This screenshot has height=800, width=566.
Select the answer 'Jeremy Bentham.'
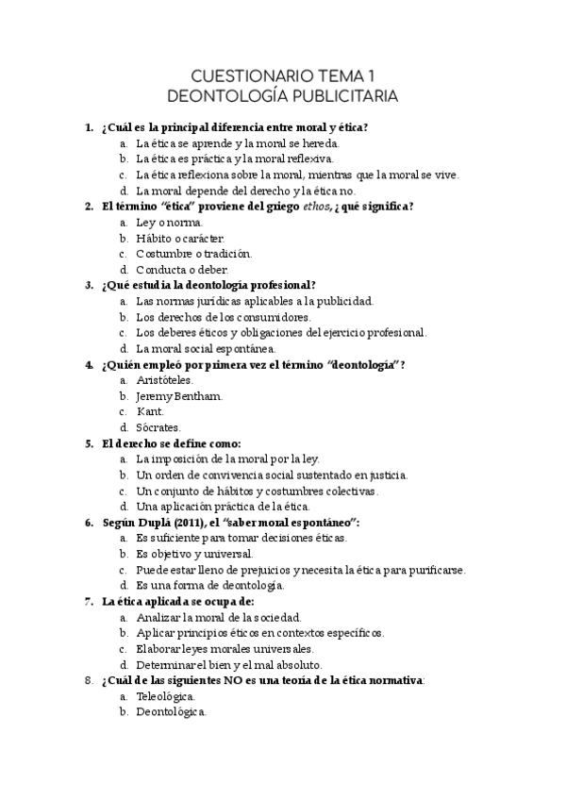point(179,396)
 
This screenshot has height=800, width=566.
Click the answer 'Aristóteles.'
point(164,380)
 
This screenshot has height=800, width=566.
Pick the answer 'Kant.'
point(150,412)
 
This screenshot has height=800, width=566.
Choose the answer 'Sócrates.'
point(158,428)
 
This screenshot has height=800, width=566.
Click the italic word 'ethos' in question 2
point(316,207)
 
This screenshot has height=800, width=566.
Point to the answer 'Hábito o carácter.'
point(180,238)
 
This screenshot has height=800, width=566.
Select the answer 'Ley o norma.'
point(168,223)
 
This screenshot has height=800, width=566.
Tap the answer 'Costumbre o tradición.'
point(193,254)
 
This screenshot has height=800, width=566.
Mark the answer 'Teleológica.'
point(165,696)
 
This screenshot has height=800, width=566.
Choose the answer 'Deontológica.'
point(171,712)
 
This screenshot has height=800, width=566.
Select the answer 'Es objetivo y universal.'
point(194,554)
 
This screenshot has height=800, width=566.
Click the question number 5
point(88,443)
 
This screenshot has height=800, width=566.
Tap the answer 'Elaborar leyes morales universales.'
point(225,649)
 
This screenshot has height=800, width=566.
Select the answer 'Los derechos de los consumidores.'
point(223,317)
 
